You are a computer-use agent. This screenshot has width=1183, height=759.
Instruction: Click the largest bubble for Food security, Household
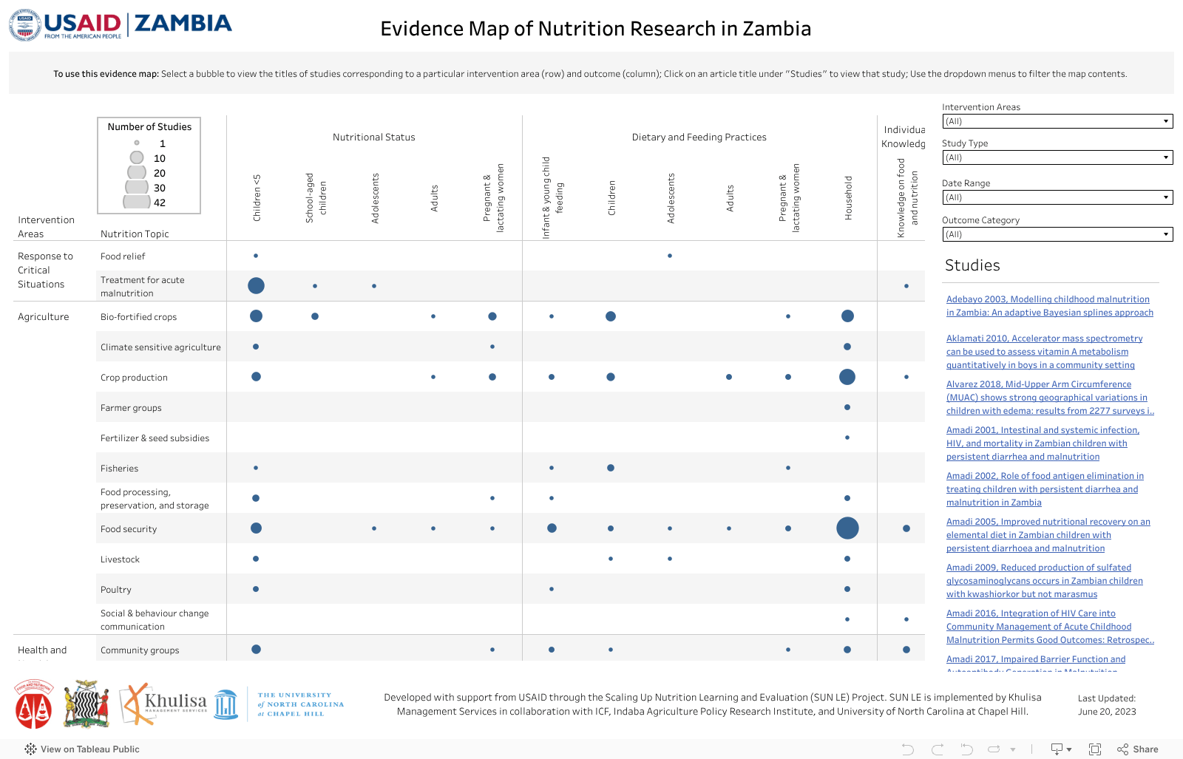click(847, 528)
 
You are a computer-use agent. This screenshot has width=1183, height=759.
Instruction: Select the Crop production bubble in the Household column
click(847, 377)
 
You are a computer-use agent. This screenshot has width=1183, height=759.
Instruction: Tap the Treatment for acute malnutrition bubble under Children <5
click(256, 286)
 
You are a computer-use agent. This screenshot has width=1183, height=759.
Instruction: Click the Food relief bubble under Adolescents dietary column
click(670, 256)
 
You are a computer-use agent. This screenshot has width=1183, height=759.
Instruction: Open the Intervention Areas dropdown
click(1057, 121)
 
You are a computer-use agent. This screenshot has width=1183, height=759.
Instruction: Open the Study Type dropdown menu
click(1057, 157)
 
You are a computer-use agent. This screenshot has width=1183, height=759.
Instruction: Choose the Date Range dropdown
click(1057, 197)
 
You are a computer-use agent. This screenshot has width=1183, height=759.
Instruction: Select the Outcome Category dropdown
click(1057, 234)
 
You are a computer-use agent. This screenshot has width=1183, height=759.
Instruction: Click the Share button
click(1138, 749)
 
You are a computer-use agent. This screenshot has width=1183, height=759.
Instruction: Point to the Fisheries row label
click(120, 469)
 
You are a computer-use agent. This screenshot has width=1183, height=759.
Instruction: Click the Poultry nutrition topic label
click(116, 590)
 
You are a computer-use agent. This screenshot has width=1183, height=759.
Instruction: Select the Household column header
click(848, 197)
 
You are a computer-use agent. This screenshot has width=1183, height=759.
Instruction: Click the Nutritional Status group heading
click(374, 137)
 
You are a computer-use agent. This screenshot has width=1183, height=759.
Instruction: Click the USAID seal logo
click(25, 24)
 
